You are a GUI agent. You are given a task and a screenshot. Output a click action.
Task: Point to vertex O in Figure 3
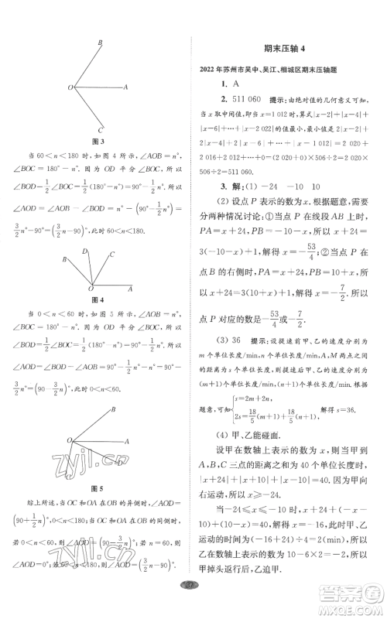[x=70, y=87]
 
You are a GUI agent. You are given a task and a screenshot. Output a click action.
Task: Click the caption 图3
[x=98, y=142]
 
